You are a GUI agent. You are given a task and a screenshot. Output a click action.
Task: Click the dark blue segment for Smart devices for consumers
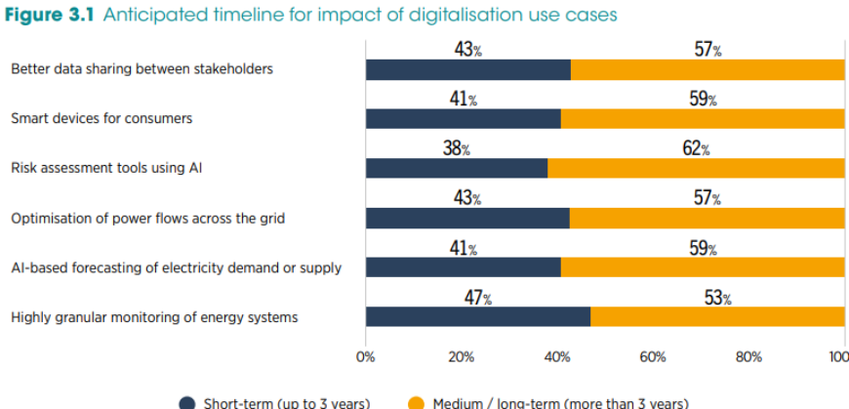[463, 119]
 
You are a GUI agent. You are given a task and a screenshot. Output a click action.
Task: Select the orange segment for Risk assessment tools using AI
[696, 168]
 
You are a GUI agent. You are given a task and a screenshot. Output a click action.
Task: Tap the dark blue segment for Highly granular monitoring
[477, 316]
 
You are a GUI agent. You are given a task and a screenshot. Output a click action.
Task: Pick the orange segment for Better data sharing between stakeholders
[707, 69]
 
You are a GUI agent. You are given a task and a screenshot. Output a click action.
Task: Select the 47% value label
[477, 298]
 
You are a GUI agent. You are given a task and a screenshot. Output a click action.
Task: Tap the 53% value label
[717, 298]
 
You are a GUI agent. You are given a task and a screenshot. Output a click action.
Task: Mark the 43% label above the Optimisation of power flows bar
[467, 198]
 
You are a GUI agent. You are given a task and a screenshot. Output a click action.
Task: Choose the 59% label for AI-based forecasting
[703, 248]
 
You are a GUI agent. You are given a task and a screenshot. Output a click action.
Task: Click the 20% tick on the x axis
[461, 357]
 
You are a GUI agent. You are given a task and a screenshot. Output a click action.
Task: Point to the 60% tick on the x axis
[653, 357]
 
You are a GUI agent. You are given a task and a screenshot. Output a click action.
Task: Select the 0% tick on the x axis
[366, 357]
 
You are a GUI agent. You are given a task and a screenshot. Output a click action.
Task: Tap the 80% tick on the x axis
[748, 357]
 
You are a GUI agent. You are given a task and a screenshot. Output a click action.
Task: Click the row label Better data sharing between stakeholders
[142, 69]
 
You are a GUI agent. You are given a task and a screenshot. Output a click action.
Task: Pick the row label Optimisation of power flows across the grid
[147, 218]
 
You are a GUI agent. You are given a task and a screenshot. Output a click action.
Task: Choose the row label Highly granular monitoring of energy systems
[154, 317]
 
